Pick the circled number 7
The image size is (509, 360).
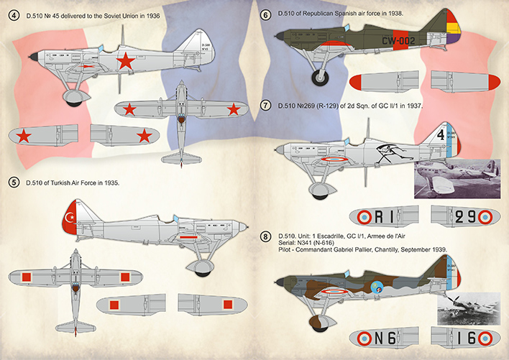tap(266, 106)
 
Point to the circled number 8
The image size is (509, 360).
tap(266, 236)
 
